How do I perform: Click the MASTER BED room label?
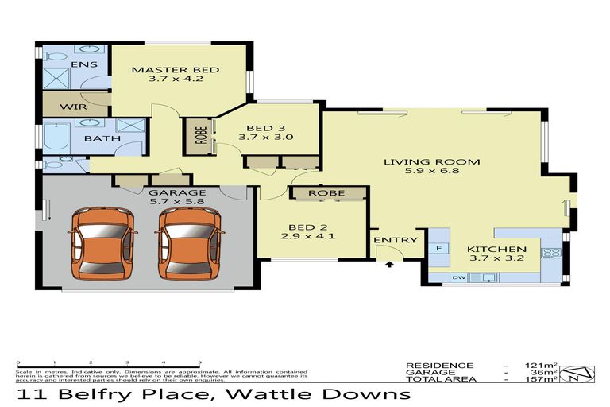point(176,70)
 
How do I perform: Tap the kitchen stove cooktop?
point(550,253)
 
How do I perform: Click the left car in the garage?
point(101,242)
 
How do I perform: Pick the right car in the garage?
point(188,242)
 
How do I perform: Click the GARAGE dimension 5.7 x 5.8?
point(177,202)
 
